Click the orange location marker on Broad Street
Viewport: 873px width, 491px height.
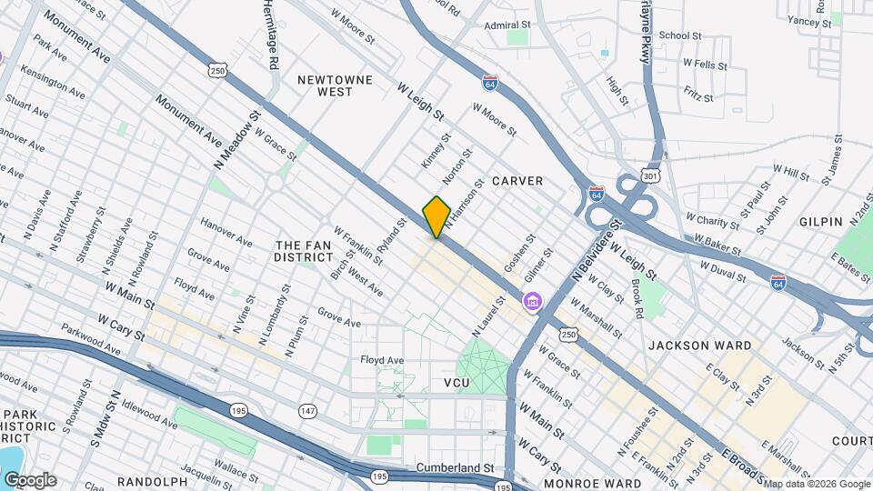[436, 216]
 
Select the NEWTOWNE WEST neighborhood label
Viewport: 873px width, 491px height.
[336, 85]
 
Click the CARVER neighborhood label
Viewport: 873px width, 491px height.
[517, 181]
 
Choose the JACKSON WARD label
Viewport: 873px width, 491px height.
[699, 346]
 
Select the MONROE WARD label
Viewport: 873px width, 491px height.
[584, 485]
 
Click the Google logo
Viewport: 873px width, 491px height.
[30, 480]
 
